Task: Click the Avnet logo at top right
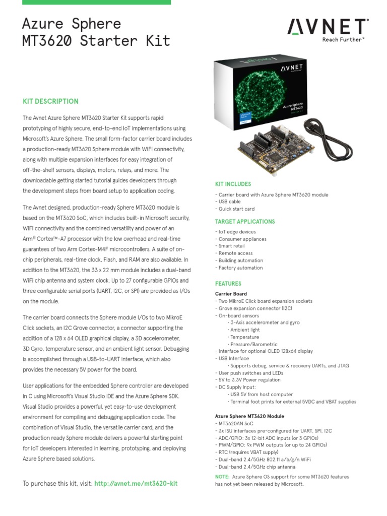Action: pos(328,27)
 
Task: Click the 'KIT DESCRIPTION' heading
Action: pos(51,101)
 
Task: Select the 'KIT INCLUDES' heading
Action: pos(233,184)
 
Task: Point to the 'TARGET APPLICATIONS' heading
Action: pos(245,222)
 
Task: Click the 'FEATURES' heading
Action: pos(228,284)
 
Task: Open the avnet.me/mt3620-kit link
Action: pos(136,483)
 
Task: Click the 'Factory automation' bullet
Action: pos(240,268)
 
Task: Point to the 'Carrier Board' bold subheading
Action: pos(231,294)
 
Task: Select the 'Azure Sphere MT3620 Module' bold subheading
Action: pos(249,416)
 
